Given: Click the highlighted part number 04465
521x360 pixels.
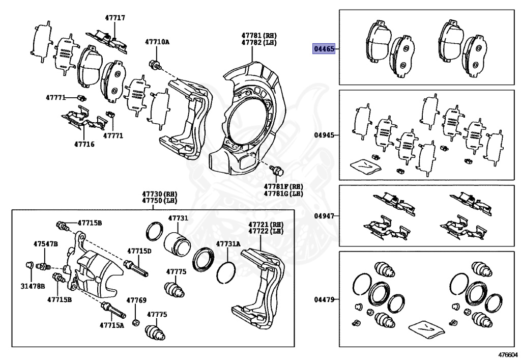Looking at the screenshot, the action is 324,49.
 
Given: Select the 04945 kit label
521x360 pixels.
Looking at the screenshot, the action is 324,135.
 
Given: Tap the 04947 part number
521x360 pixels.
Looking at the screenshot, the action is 324,216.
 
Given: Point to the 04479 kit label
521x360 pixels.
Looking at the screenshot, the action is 324,299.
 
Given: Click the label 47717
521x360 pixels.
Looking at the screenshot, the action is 115,18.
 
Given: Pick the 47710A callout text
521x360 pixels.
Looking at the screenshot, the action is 157,42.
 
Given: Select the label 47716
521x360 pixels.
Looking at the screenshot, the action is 84,144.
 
